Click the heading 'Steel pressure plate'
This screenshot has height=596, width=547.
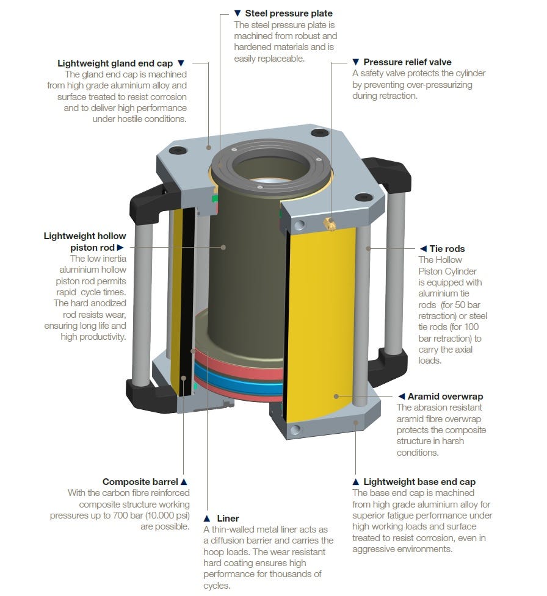coord(289,13)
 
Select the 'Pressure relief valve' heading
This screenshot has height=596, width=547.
coord(407,62)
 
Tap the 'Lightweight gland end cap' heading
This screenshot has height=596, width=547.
coord(115,63)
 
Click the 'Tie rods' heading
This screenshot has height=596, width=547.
coord(447,248)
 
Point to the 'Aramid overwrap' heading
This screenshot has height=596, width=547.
coord(446,397)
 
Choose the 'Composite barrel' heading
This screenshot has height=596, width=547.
coord(140,482)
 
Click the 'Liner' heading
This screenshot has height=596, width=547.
coord(228,519)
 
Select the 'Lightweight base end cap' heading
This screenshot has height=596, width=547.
coord(419,482)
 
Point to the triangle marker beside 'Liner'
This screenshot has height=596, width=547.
coord(207,519)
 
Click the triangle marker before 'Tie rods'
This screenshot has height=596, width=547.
coord(423,248)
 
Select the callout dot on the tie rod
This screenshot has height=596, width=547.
coord(368,248)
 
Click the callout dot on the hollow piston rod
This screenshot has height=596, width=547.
coord(223,248)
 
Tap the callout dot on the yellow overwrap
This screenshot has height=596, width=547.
coord(336,397)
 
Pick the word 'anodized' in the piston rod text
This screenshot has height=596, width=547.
coord(107,303)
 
